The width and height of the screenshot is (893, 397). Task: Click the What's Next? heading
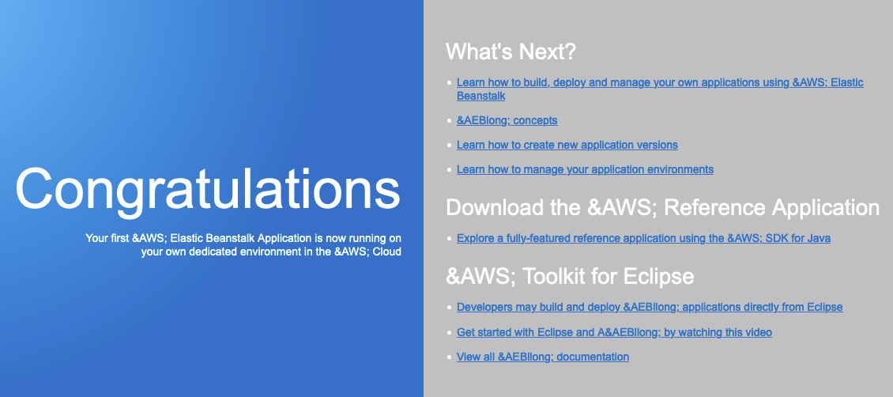click(511, 52)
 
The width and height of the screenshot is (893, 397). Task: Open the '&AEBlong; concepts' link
click(507, 120)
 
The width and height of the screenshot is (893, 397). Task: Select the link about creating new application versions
click(567, 145)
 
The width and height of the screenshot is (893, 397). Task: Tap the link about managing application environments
click(585, 169)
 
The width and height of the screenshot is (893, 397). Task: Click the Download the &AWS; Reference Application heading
click(663, 207)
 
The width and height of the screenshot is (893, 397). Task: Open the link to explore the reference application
click(643, 238)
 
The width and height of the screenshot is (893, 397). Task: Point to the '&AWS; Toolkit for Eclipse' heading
click(570, 276)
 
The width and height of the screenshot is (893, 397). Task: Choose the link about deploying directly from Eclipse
click(650, 307)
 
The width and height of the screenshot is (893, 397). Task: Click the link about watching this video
click(615, 332)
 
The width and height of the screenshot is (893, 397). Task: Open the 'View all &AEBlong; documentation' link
click(543, 357)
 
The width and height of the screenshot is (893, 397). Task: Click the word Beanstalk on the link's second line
click(481, 96)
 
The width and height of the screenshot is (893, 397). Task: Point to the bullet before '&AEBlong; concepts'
click(450, 121)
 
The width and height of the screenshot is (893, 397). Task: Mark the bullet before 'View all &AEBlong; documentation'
click(450, 357)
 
